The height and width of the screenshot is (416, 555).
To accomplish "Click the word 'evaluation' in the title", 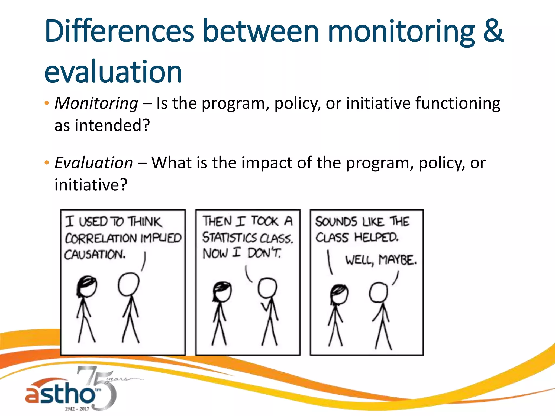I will pos(113,72).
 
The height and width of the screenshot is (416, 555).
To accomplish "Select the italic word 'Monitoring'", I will pos(96,103).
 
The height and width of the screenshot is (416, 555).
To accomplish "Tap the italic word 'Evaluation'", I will pos(94,163).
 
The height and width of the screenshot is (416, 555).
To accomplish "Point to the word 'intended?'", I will pos(112,125).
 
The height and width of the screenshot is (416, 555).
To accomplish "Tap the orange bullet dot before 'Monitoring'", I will pos(47,103).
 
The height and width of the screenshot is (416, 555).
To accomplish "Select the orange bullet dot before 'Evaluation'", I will pos(47,162).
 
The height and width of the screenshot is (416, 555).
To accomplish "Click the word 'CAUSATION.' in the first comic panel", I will pos(95,255).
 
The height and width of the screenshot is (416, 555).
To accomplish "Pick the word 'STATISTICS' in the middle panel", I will pos(229,238).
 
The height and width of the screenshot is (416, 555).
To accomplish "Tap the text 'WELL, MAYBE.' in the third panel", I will pos(381,260).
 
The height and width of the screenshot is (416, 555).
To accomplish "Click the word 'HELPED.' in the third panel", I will pos(376,238).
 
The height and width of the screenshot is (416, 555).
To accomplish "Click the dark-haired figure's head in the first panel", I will pos(87,287).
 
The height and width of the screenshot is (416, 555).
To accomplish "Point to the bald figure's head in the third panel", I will pos(379,292).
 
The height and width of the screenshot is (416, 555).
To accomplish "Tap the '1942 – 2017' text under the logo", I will pos(77,408).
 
